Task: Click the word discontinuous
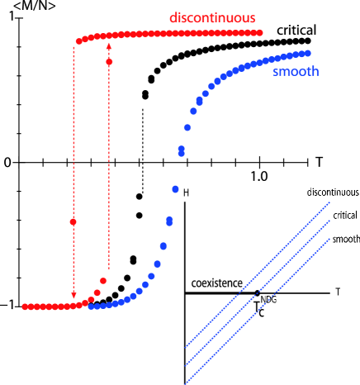coord(212,17)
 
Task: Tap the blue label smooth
coord(295,72)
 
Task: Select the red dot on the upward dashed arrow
coord(109,62)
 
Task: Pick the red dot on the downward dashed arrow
coord(73,221)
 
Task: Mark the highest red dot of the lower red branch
coord(103,281)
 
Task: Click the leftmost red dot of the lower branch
coord(25,307)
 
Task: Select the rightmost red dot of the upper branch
coord(259,32)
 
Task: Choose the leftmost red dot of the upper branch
coord(79,40)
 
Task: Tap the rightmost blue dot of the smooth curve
coord(307,53)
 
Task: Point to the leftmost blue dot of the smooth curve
coord(91,307)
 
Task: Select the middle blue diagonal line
coord(258,292)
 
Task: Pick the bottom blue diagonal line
coord(258,311)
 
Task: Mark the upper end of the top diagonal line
coord(329,202)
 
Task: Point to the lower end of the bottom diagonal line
coord(186,383)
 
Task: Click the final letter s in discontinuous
coord(252,17)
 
